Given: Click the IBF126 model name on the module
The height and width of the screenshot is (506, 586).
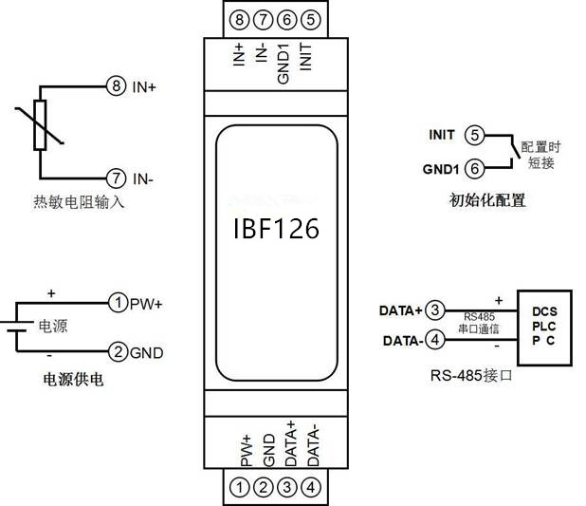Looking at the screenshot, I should [x=275, y=229].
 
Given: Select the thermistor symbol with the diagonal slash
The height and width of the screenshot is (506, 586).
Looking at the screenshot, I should [x=41, y=125].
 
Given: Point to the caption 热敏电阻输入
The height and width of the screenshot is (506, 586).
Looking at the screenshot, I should [x=77, y=202].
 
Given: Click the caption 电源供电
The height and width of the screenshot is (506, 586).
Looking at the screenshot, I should [x=73, y=379].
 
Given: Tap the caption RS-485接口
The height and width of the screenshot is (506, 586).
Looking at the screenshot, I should [x=470, y=376].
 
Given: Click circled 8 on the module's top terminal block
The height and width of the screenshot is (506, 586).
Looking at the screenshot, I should [x=239, y=18].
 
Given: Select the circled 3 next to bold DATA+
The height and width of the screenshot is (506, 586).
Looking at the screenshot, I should [x=434, y=309].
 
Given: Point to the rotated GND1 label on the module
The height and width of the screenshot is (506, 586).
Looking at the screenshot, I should [x=284, y=64].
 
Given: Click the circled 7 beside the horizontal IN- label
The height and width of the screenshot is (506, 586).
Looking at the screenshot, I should [x=116, y=178].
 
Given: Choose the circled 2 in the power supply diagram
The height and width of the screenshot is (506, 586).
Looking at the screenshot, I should [x=118, y=352].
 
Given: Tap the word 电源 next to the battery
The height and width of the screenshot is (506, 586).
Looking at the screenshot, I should [x=53, y=327].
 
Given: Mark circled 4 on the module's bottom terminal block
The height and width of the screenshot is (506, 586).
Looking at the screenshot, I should [x=314, y=488].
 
